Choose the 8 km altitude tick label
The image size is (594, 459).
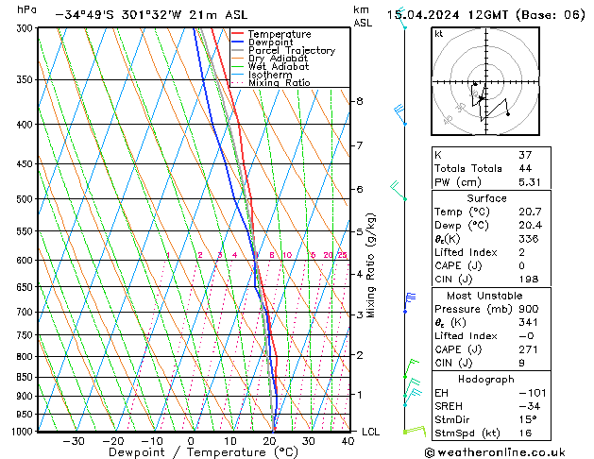pos(359,101)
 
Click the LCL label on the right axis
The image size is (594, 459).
pos(372,432)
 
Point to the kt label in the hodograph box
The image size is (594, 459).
pos(438,34)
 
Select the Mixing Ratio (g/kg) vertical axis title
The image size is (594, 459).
pos(371,265)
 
